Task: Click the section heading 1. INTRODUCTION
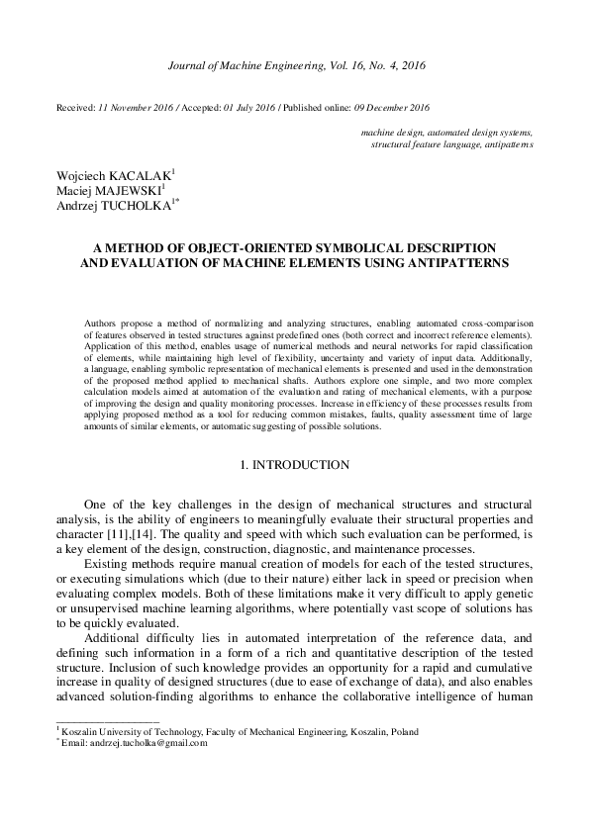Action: [x=294, y=464]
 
